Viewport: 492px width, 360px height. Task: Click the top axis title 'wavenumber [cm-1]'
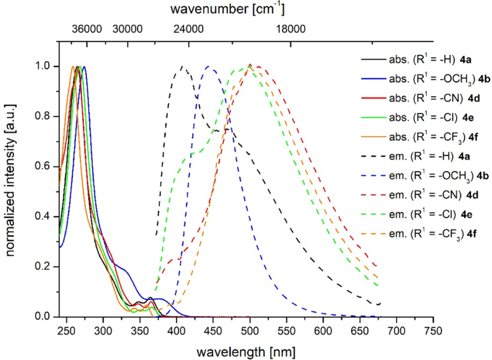[x=227, y=9]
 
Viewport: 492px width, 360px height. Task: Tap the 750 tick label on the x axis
[x=433, y=330]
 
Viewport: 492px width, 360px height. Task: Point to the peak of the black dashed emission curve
[x=183, y=67]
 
